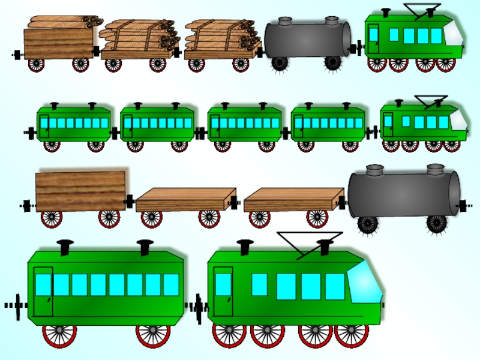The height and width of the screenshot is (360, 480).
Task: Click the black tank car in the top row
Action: tap(307, 38)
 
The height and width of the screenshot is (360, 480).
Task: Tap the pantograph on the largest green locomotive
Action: tap(309, 241)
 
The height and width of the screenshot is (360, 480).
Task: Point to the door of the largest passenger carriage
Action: tap(43, 290)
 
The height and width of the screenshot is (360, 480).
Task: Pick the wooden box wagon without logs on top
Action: tap(80, 191)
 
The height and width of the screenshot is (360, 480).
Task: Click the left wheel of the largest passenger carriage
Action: tap(59, 334)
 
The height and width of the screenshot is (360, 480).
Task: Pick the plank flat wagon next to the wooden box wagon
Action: tap(185, 200)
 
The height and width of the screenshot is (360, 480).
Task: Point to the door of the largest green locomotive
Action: tap(223, 290)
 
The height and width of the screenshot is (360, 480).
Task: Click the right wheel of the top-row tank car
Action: tap(333, 63)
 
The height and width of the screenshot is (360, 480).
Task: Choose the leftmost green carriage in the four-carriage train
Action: tap(73, 124)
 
